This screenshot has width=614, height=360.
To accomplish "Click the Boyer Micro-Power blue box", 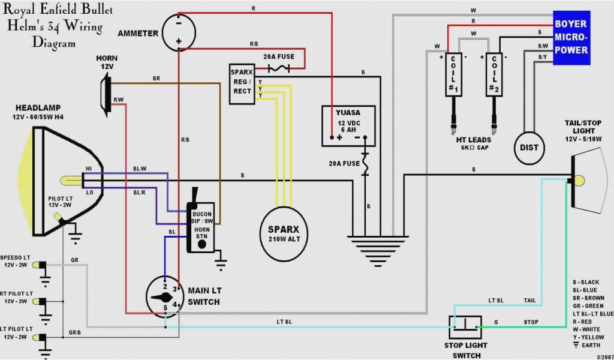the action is coord(571,38).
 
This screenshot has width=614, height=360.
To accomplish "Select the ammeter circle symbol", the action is coord(179,32).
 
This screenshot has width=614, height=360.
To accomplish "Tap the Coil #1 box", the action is coord(453,74).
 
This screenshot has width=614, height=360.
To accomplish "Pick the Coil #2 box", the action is coord(494,74).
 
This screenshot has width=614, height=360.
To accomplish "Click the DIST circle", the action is coord(529,148).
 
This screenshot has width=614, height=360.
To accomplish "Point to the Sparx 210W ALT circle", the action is coord(284,234).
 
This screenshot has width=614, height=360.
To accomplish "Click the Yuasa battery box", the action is coord(348,126).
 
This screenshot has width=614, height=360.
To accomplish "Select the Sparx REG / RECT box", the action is coord(242,84).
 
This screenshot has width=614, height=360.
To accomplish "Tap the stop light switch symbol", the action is coord(465,328).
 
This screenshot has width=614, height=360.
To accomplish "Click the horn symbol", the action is coord(106,95).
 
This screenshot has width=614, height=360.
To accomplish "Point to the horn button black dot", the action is coord(202,244).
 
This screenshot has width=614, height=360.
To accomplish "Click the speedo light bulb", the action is coord(39,266).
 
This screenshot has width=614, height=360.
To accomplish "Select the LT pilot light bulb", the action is coord(39,337).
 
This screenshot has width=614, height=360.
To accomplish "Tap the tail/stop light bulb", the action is coord(577,181).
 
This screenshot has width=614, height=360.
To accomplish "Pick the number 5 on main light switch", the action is coord(165,308).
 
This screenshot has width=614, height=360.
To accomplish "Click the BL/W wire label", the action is coord(140,169).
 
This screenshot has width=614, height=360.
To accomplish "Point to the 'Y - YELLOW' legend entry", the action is coord(589,337).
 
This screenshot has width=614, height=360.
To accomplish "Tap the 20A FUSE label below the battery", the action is coord(344,163).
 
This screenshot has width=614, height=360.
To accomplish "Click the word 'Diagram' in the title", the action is coord(53,43).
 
